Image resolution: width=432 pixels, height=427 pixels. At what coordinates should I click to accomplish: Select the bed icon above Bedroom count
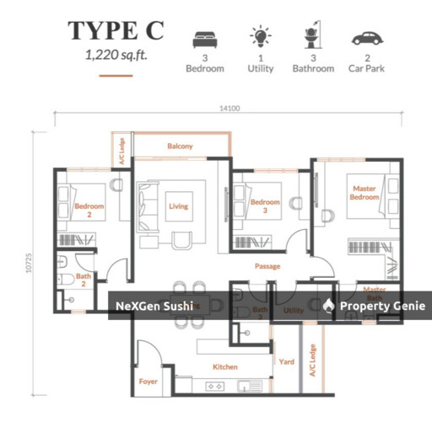(x=204, y=39)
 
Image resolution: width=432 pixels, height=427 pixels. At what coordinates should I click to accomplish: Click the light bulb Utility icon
(x=260, y=37)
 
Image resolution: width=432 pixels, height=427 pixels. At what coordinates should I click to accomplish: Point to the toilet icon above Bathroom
(x=312, y=38)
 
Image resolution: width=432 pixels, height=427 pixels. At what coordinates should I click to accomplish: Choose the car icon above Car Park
(x=366, y=39)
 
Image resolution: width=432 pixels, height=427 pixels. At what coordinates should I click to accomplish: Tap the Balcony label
(x=180, y=147)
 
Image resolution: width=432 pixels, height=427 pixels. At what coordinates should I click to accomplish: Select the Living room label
(x=178, y=206)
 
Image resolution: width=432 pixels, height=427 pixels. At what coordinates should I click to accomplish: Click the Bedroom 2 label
(x=89, y=210)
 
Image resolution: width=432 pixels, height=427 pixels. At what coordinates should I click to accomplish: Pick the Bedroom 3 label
(x=265, y=206)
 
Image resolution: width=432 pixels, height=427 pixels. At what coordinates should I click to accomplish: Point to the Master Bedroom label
(x=364, y=194)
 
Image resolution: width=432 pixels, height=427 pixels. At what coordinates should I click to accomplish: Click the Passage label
(x=267, y=266)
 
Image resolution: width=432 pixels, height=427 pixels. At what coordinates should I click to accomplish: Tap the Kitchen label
(x=225, y=366)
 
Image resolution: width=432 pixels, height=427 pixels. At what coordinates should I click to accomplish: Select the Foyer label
(x=148, y=381)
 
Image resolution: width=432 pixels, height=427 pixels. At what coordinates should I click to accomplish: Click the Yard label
(x=287, y=362)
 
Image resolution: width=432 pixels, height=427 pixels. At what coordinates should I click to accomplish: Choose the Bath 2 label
(x=83, y=280)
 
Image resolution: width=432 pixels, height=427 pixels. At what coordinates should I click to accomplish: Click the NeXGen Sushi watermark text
(x=154, y=306)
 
